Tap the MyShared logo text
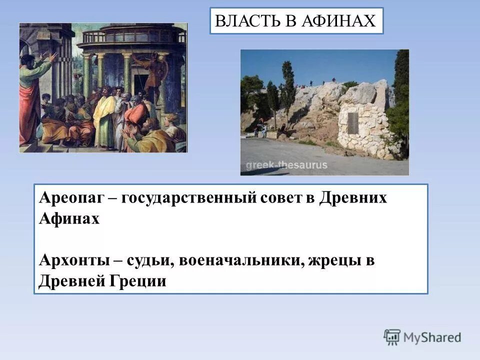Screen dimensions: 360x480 click(x=432, y=337)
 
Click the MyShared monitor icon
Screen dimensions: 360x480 click(x=392, y=337)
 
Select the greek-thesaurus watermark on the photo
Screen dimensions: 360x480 click(x=286, y=165)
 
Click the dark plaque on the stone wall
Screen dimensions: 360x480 click(x=353, y=123)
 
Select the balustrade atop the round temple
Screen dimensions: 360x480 click(x=129, y=37)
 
